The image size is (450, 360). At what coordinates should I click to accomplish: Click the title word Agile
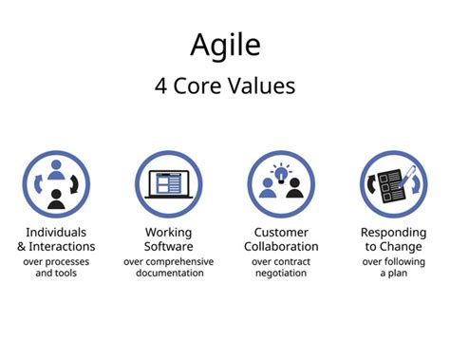pyautogui.click(x=224, y=45)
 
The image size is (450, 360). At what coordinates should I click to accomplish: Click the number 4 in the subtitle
pyautogui.click(x=161, y=85)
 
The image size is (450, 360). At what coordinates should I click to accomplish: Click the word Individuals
pyautogui.click(x=56, y=233)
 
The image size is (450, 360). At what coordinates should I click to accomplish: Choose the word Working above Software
pyautogui.click(x=168, y=233)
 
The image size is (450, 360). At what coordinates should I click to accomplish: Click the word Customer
pyautogui.click(x=281, y=233)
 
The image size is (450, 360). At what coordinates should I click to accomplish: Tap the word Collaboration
pyautogui.click(x=281, y=247)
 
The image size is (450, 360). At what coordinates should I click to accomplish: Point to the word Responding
pyautogui.click(x=392, y=233)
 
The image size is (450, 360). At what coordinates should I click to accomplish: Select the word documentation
pyautogui.click(x=168, y=274)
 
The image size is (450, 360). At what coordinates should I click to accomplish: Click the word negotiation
pyautogui.click(x=281, y=274)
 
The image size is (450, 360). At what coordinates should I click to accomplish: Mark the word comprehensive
pyautogui.click(x=179, y=261)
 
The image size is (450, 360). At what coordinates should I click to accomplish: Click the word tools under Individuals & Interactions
pyautogui.click(x=69, y=274)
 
